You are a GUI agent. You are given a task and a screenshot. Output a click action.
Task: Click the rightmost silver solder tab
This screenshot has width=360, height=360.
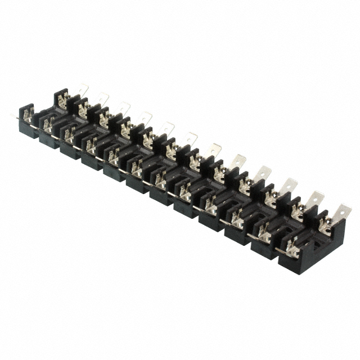point(341,213)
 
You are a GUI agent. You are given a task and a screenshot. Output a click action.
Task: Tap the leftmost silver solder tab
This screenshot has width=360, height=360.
point(83,90)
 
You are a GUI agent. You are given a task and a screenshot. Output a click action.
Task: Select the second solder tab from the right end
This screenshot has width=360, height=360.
point(315,199)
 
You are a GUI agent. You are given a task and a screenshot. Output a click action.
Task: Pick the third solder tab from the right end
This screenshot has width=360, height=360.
point(289,184)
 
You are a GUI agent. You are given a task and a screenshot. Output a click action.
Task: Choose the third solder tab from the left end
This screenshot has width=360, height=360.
point(123,108)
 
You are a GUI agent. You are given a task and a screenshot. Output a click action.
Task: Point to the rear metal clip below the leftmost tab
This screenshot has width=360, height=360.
point(65,101)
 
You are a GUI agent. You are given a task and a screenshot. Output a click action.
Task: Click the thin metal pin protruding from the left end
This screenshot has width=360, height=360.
point(14,116)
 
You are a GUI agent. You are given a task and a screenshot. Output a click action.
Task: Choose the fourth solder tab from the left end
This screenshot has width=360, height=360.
point(146,118)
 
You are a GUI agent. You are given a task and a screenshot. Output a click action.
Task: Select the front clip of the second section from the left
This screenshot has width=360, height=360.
point(68,134)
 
